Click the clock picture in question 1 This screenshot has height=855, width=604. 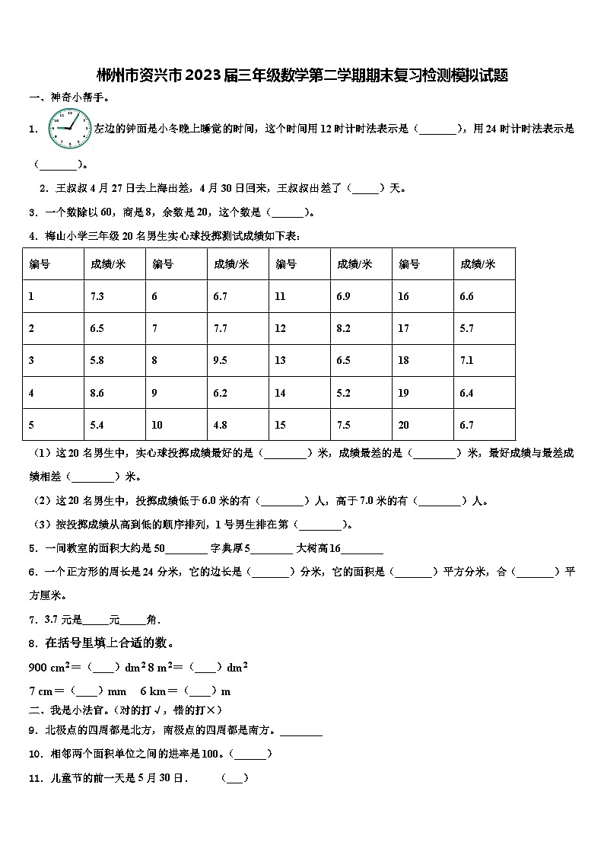tap(69, 129)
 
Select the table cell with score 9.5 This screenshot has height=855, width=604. tap(221, 360)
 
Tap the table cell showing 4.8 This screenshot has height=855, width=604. tap(221, 425)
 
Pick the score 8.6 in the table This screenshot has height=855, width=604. tap(97, 393)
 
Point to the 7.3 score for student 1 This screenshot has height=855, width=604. tap(97, 296)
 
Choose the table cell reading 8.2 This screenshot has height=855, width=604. tap(343, 328)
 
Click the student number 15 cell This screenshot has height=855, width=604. tap(281, 425)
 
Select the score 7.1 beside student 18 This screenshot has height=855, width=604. tap(466, 360)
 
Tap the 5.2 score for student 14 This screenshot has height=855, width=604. tap(343, 393)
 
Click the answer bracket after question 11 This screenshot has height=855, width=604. tap(234, 778)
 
